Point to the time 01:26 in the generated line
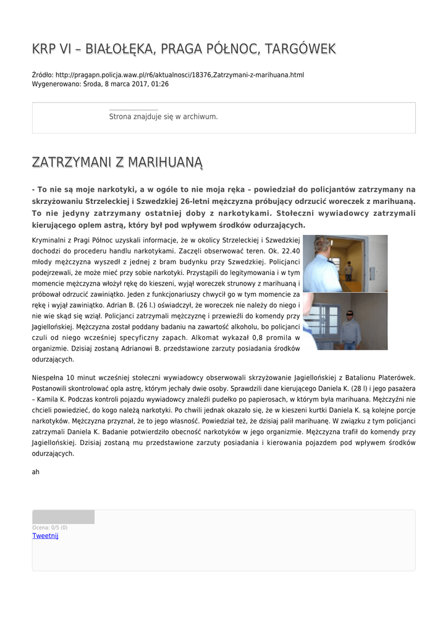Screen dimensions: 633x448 [x=159, y=84]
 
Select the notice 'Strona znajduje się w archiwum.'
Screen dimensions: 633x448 [x=163, y=116]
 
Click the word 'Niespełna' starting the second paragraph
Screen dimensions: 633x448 [x=49, y=377]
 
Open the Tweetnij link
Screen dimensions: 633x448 [x=45, y=536]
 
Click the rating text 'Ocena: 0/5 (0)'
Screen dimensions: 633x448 [x=50, y=527]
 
